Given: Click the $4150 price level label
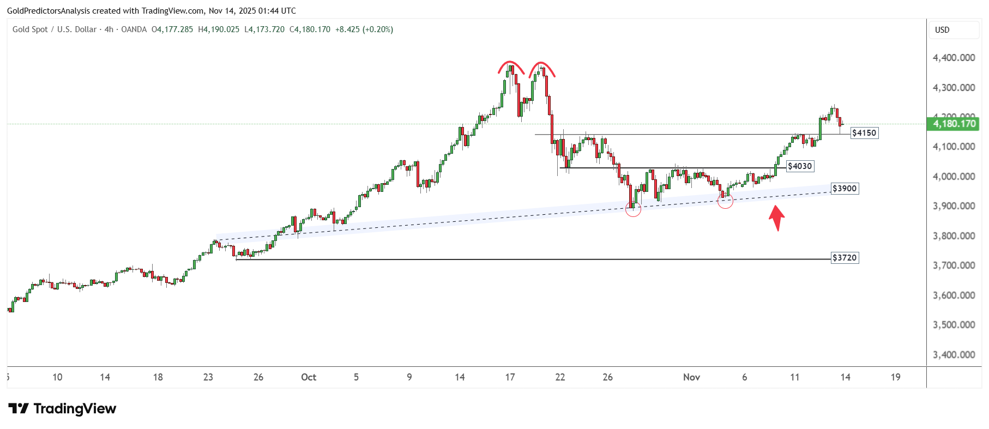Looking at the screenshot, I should pos(864,133).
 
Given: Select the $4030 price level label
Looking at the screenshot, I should pos(800,166).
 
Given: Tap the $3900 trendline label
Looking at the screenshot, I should pos(845,189).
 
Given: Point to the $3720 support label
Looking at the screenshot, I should pos(845,258).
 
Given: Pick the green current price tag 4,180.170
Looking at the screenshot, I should pos(954,124).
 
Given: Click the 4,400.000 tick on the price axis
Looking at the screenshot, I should pos(954,58).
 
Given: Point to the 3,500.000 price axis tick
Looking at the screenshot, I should pos(954,325).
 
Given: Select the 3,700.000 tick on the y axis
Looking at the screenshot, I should pos(954,265).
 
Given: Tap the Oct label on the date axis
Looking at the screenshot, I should pos(309,377).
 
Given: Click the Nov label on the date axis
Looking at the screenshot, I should pos(691,377).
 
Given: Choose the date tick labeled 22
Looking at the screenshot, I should pos(560,377).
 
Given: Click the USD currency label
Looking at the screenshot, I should pos(942,30).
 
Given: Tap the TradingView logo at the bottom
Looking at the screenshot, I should pos(63,409).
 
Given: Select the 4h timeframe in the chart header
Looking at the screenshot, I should pos(109,29).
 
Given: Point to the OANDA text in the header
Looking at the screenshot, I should pos(134,29).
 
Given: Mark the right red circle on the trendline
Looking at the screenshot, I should pos(725,201).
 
